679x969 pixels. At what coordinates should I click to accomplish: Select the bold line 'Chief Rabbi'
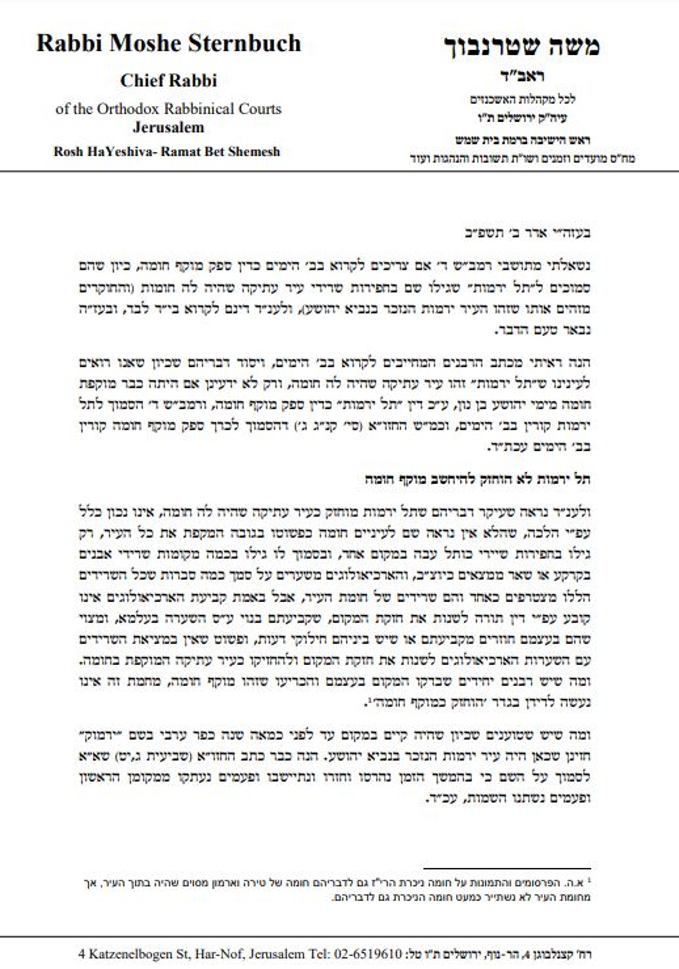(x=168, y=81)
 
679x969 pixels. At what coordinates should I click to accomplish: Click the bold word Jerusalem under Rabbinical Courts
(x=168, y=128)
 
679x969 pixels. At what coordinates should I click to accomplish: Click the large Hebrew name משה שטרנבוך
(x=522, y=46)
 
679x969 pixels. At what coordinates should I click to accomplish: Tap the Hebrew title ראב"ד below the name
(x=521, y=77)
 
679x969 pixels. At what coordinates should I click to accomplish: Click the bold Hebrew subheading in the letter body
(x=478, y=479)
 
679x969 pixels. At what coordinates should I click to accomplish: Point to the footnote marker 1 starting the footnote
(x=588, y=880)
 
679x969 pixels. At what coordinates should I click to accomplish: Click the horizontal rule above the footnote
(x=507, y=868)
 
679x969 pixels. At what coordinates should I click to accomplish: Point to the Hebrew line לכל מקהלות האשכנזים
(x=522, y=99)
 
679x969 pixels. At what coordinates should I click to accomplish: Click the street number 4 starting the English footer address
(x=81, y=954)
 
